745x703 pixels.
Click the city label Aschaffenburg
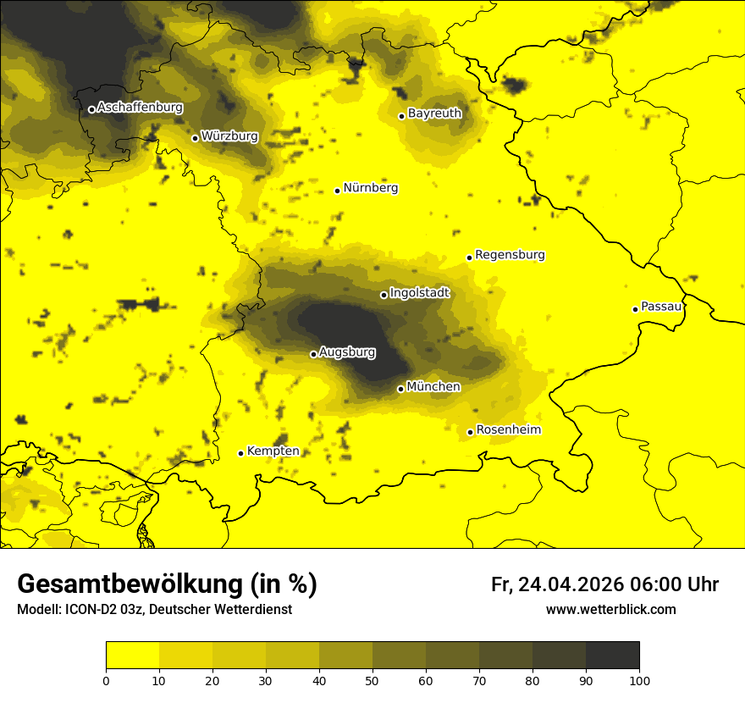click(140, 108)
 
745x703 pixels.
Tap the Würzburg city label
click(229, 136)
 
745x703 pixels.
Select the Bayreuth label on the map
click(434, 113)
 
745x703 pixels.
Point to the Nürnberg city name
click(370, 188)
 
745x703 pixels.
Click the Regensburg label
click(510, 255)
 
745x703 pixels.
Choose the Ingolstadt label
click(420, 293)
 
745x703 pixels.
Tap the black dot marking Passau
click(635, 309)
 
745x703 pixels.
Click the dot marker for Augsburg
click(313, 354)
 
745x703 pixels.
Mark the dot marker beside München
click(400, 389)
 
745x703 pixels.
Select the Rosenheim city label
click(508, 430)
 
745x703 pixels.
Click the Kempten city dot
click(240, 453)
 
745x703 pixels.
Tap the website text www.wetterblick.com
click(610, 609)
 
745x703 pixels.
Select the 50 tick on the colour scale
click(372, 680)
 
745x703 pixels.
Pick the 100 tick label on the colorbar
click(638, 680)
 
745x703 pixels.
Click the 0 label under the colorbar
click(106, 680)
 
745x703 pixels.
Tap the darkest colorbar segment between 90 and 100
click(612, 656)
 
